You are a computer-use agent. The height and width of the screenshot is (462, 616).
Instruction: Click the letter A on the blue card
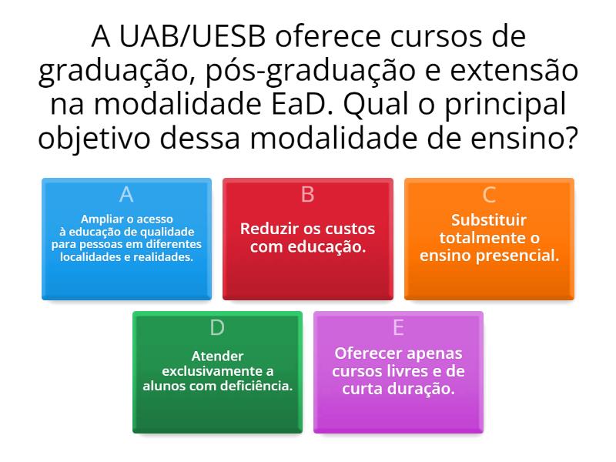[x=126, y=194]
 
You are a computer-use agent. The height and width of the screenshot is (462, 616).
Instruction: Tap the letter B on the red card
[x=308, y=194]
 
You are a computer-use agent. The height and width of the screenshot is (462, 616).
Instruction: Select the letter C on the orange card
[x=489, y=194]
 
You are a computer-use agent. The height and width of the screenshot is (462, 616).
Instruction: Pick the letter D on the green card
[x=217, y=327]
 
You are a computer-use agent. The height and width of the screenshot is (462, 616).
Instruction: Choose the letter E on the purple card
[x=398, y=327]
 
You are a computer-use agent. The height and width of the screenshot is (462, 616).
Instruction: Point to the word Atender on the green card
[x=218, y=356]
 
